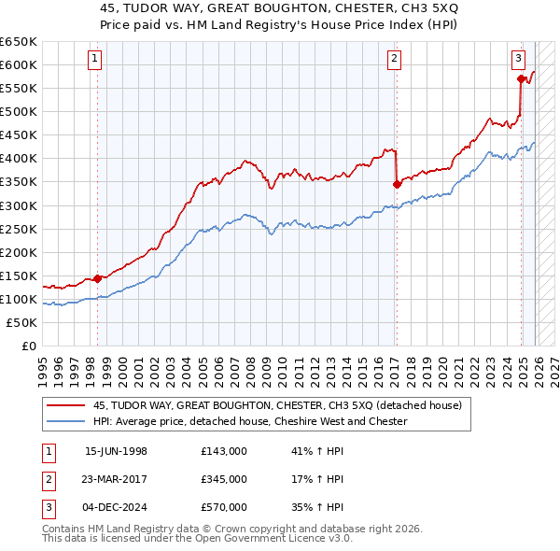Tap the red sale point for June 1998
(97, 278)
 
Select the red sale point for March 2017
(397, 184)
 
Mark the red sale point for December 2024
(521, 78)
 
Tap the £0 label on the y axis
(28, 346)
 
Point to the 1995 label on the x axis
(43, 364)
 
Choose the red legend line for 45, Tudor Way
(65, 406)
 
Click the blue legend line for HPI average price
(65, 421)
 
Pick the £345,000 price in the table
(224, 479)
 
